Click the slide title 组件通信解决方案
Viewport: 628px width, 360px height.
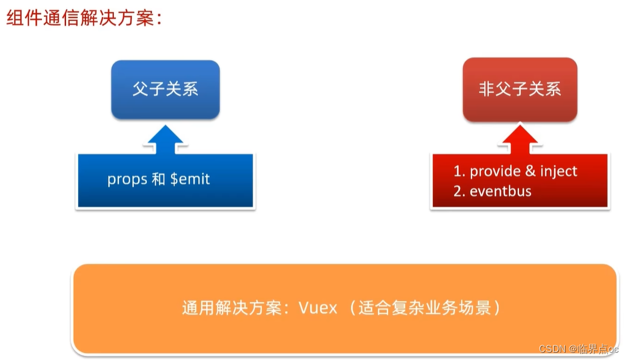click(x=84, y=18)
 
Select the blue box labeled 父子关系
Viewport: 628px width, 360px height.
click(x=165, y=89)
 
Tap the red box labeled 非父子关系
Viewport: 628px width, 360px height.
click(x=519, y=89)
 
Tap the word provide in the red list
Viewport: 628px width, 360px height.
click(x=494, y=172)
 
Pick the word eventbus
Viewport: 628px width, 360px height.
click(x=501, y=192)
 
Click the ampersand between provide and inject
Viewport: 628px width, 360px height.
click(x=525, y=172)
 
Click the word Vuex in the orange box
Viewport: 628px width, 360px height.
click(x=318, y=308)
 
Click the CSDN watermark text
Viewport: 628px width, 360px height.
click(x=552, y=348)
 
